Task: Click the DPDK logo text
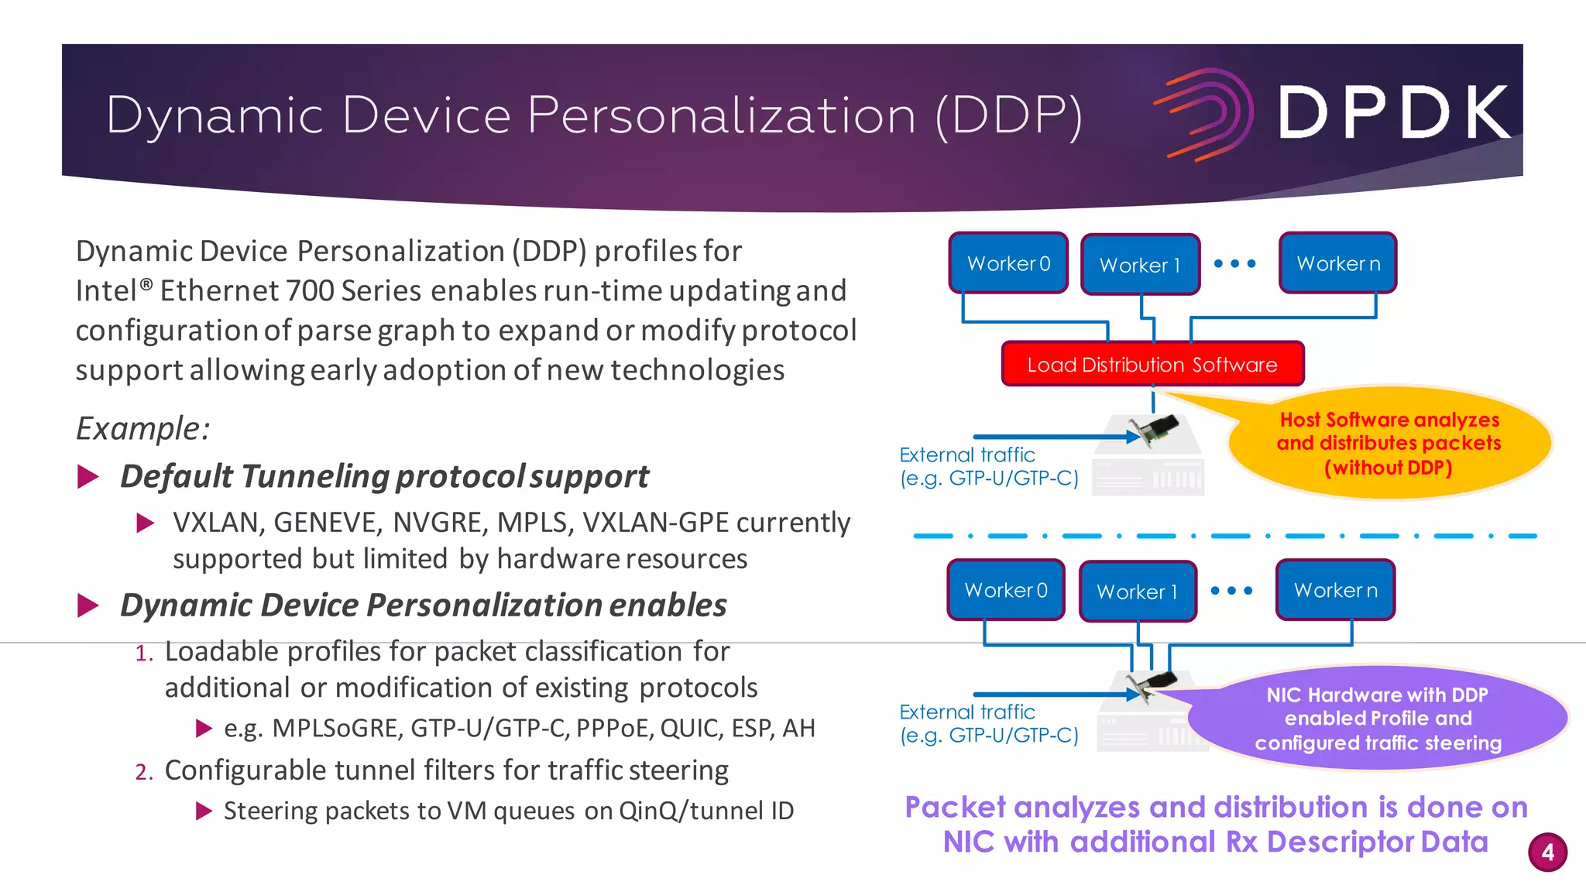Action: click(x=1394, y=113)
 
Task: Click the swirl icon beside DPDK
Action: click(x=1205, y=115)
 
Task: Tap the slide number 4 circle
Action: click(x=1547, y=853)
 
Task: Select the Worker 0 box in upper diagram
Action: click(x=1008, y=263)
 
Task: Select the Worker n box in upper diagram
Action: click(x=1337, y=263)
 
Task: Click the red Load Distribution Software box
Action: click(x=1152, y=364)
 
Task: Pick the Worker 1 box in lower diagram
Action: click(x=1137, y=592)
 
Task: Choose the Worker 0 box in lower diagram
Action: click(x=1005, y=590)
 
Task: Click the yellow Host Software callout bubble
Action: click(x=1389, y=443)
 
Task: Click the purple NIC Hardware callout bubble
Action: click(x=1378, y=719)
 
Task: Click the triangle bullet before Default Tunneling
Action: click(x=88, y=476)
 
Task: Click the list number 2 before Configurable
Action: click(x=143, y=772)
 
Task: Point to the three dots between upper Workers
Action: click(x=1234, y=263)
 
